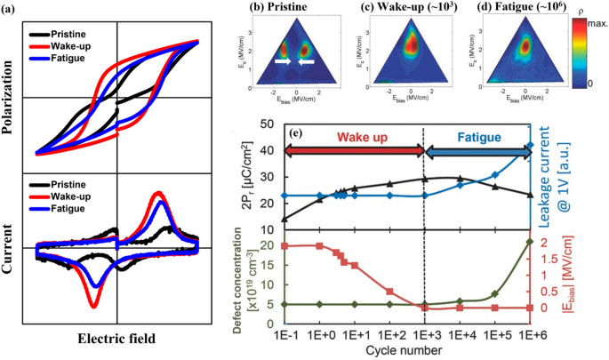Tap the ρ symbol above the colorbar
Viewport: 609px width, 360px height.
[590, 8]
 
